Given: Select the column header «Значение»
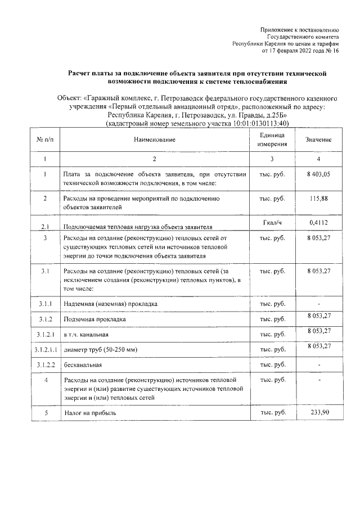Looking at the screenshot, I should tap(318, 139).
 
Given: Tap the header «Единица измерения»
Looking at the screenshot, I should tap(272, 139).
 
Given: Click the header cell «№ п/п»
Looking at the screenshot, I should tap(44, 139).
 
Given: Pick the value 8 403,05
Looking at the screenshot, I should tap(318, 174).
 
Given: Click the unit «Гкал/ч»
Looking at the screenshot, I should tap(272, 223).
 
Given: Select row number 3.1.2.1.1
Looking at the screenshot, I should tap(44, 350).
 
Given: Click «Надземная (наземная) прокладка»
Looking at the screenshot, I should tap(110, 304).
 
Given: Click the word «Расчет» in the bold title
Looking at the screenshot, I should tap(82, 74).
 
